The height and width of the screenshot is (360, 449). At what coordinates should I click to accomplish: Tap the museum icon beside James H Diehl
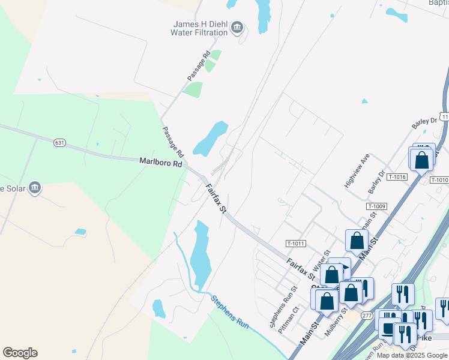238,27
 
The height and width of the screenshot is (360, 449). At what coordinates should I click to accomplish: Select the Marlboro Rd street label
160,162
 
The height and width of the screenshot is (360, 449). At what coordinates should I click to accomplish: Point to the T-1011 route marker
296,244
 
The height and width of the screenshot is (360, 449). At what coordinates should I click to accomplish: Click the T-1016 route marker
397,177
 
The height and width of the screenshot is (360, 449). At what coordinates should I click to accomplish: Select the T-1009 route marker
378,206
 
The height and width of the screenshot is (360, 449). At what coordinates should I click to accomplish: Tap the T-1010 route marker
439,180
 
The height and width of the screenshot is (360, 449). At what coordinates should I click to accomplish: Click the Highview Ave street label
356,171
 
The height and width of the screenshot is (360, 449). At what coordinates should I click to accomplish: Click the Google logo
20,353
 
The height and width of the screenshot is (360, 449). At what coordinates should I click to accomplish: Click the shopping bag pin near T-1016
422,160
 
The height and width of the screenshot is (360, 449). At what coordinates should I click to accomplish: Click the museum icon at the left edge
35,188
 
